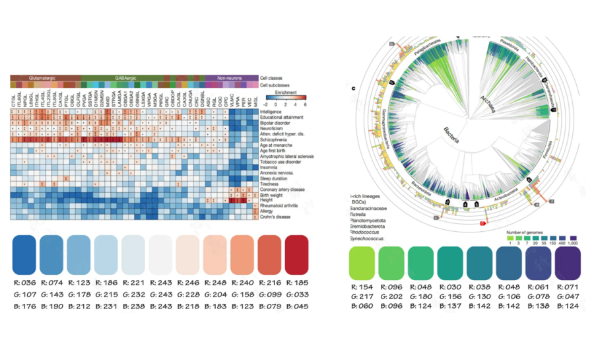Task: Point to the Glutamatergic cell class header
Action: [x=42, y=78]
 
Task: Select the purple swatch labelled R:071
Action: [x=566, y=263]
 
